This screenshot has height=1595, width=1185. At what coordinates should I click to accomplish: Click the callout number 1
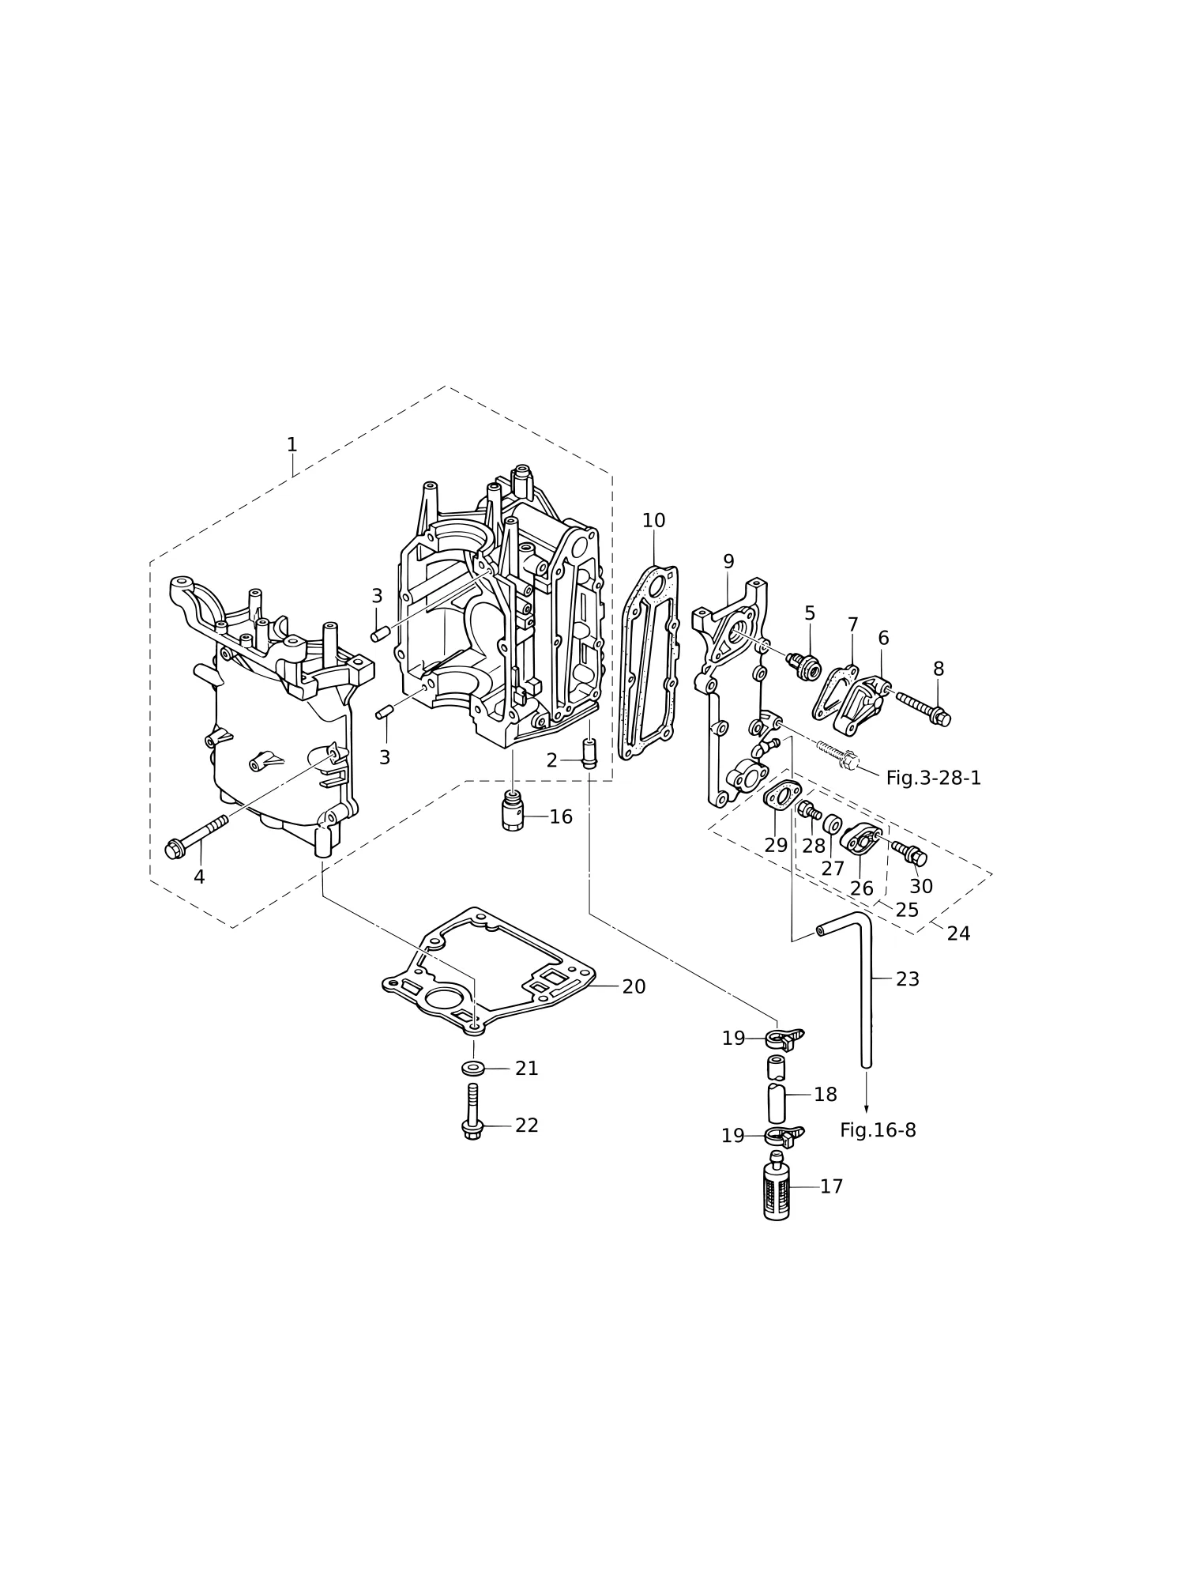[292, 444]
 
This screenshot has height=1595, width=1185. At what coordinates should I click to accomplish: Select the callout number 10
[653, 521]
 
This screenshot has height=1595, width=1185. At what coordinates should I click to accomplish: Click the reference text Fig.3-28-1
[933, 778]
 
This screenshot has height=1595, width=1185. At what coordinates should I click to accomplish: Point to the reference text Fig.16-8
[878, 1130]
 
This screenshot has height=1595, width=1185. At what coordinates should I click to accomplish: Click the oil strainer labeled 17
[777, 1185]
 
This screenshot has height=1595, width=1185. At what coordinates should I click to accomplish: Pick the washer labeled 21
[474, 1069]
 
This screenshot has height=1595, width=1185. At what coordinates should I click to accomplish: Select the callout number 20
[634, 986]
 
